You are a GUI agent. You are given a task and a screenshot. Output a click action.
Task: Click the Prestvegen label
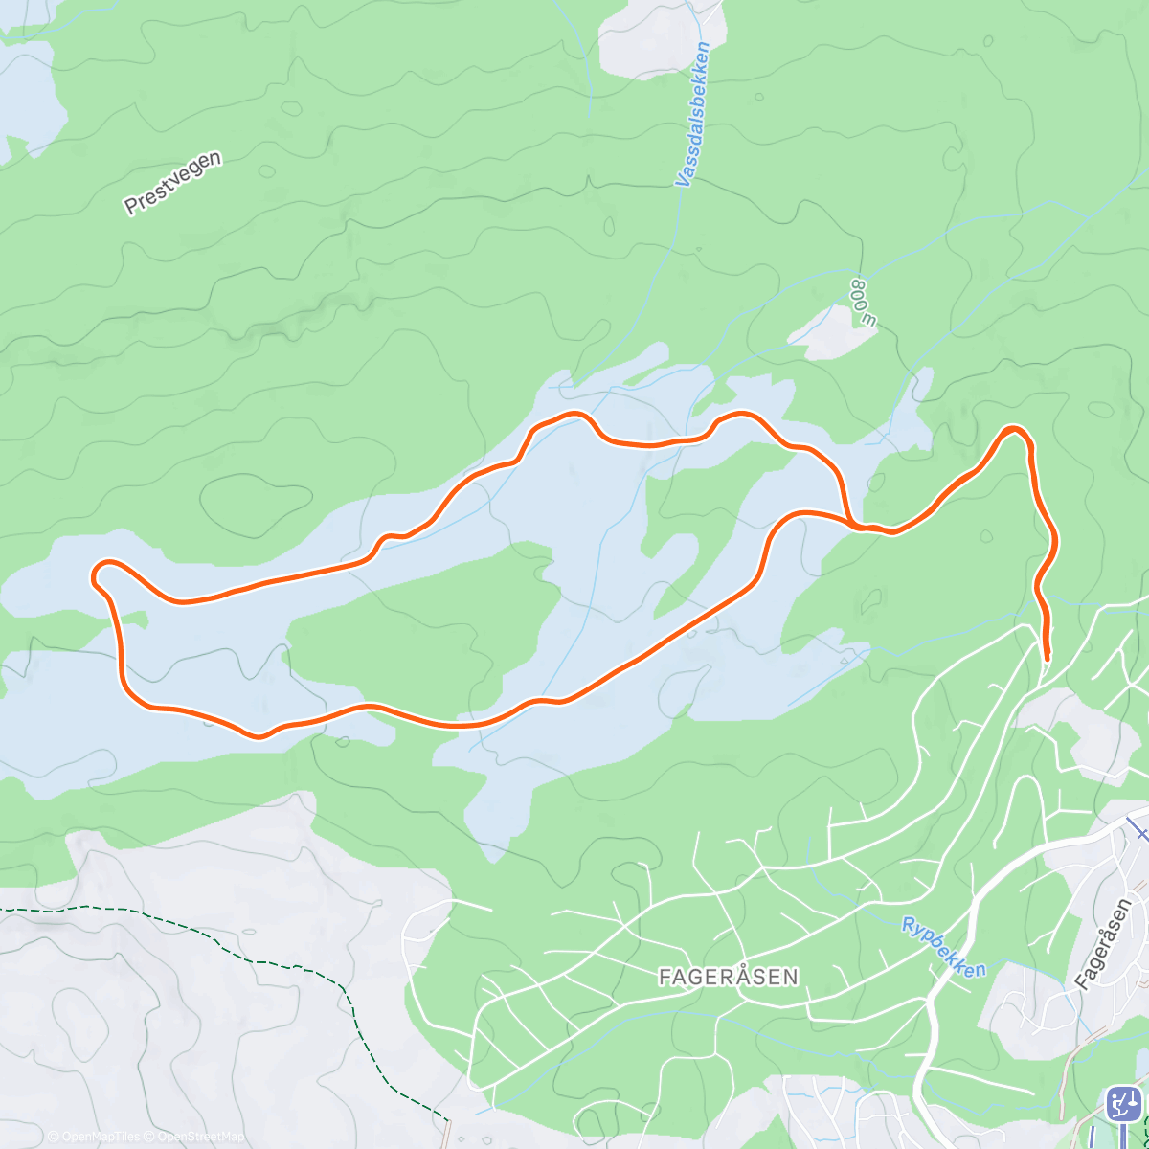click(x=173, y=182)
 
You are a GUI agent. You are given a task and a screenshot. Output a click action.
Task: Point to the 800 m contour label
click(x=864, y=304)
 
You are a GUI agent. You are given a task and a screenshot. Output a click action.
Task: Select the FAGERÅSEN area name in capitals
click(x=729, y=977)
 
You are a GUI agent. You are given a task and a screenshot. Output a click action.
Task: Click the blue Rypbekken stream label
click(x=943, y=947)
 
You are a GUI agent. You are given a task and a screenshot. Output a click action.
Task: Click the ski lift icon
click(x=1123, y=1104)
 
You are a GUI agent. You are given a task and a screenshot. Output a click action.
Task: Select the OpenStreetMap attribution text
click(x=201, y=1137)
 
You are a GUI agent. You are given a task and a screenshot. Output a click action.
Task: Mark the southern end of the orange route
click(x=1047, y=657)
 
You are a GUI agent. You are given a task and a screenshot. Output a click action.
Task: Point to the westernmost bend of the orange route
click(x=96, y=575)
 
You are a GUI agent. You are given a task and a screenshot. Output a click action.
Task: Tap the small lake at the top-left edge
click(x=29, y=96)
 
